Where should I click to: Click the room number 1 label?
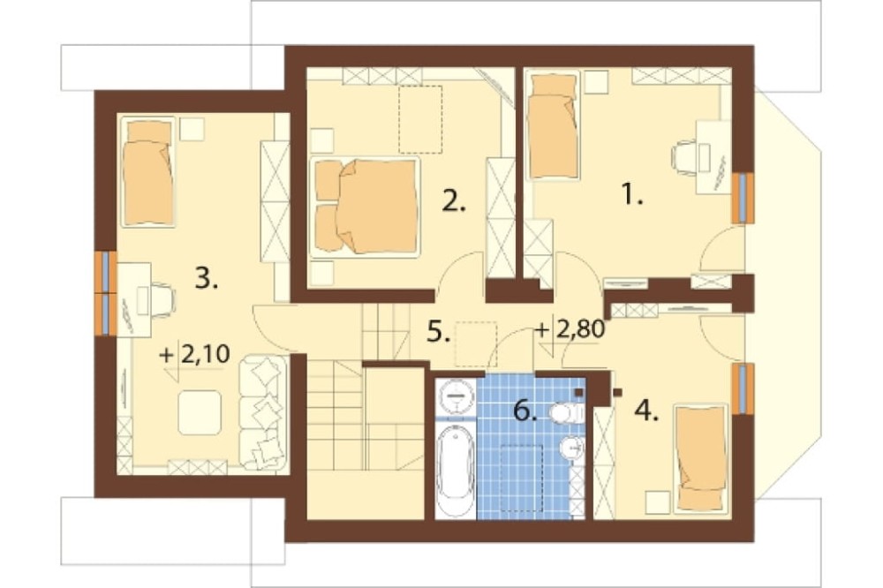(x=632, y=195)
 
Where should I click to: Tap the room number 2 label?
(x=454, y=200)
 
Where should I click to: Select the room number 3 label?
(x=206, y=278)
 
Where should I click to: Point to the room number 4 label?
(x=646, y=411)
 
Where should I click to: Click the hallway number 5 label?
(x=439, y=332)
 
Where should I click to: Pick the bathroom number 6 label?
(x=525, y=411)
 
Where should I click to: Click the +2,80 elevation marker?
(x=570, y=329)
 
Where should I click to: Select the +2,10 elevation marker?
(x=195, y=356)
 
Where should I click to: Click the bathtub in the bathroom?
(x=456, y=471)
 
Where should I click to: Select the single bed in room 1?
(x=552, y=124)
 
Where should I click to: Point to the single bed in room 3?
(x=148, y=171)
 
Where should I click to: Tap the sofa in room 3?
(x=263, y=412)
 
